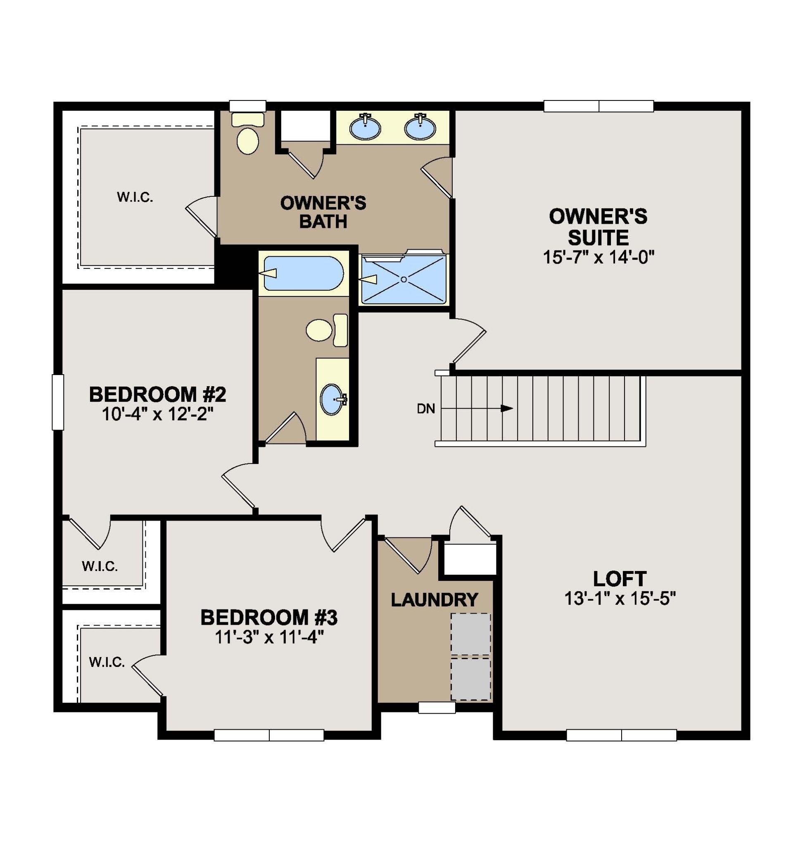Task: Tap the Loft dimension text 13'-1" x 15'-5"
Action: point(620,599)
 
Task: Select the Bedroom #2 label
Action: point(158,394)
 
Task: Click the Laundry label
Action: point(435,600)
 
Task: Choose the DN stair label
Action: point(426,409)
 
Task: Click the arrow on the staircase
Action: point(477,408)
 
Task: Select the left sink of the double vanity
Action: point(365,127)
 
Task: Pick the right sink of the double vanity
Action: point(420,127)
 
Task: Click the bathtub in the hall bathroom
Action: point(304,273)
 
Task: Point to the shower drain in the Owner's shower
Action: point(404,279)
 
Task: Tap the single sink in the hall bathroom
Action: point(333,399)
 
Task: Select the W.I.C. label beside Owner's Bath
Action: point(135,198)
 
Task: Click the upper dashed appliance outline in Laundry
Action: point(471,634)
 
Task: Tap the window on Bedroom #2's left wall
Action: point(58,402)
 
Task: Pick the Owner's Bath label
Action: point(323,212)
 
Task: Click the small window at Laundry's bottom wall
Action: point(437,707)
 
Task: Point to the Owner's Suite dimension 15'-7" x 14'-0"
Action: point(599,258)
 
